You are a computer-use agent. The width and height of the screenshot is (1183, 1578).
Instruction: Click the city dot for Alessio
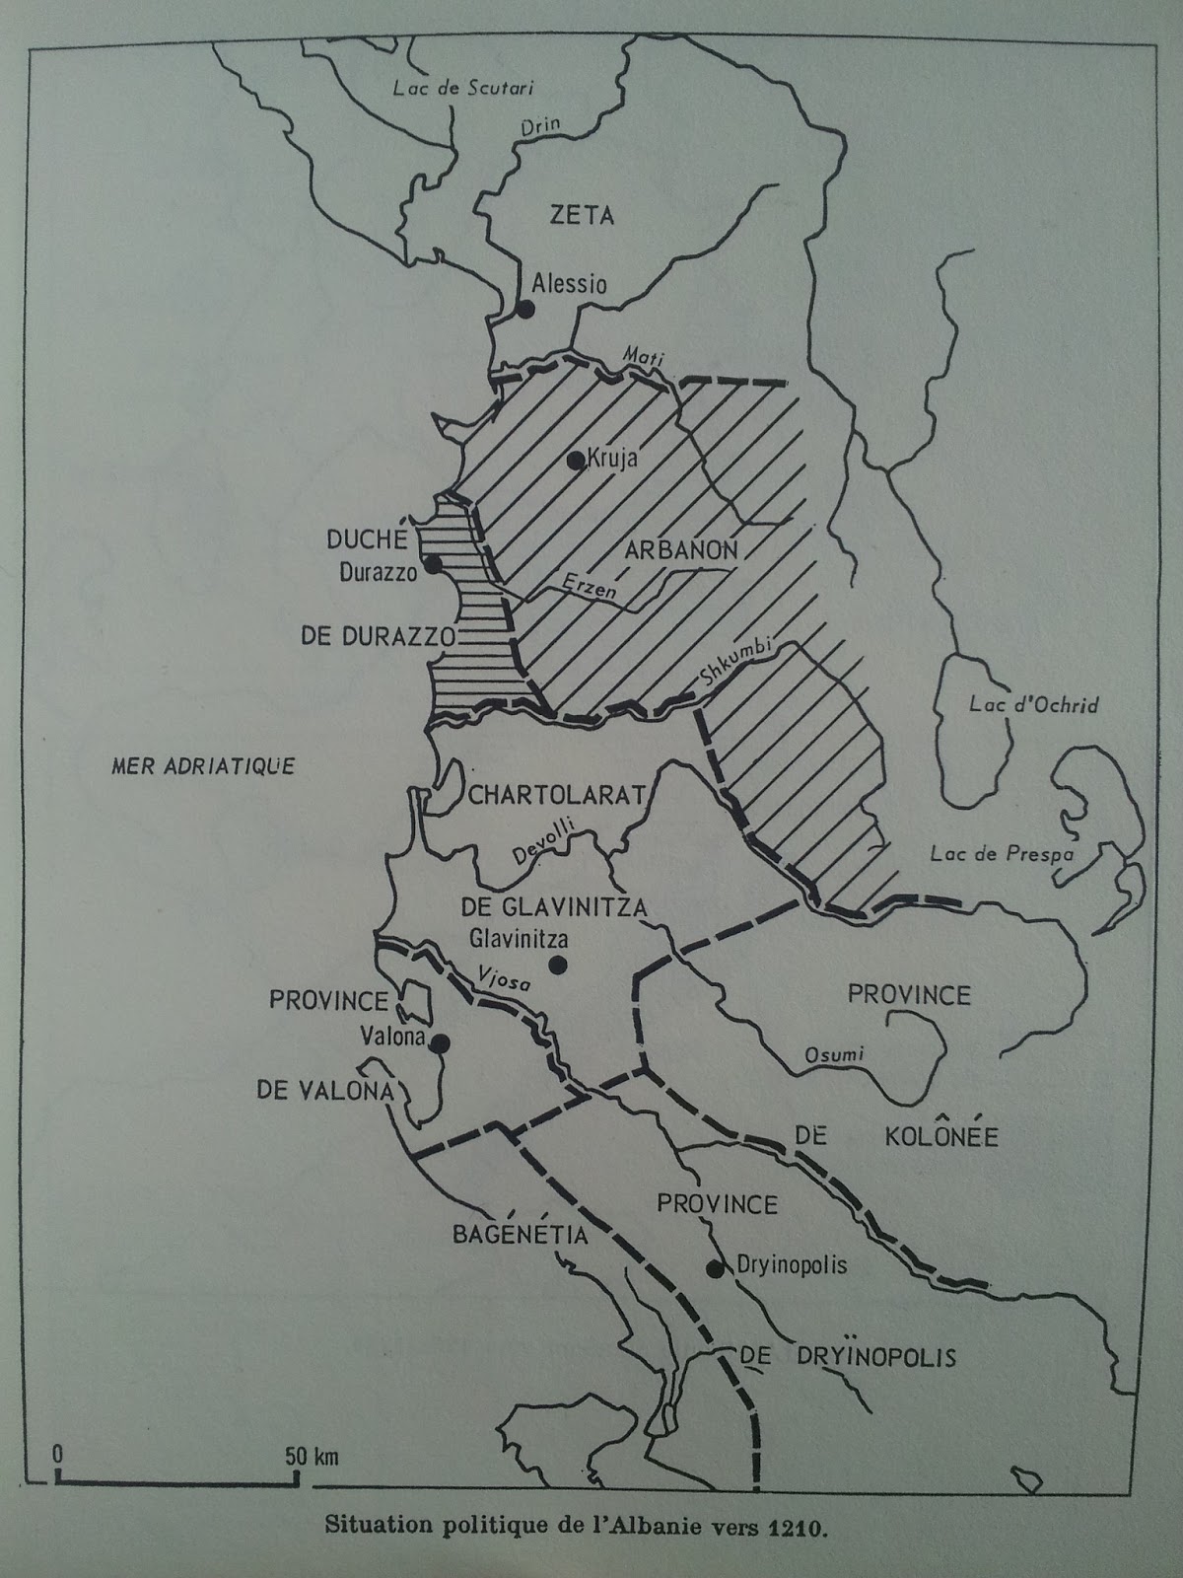click(524, 309)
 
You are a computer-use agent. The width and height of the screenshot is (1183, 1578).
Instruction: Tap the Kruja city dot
click(575, 459)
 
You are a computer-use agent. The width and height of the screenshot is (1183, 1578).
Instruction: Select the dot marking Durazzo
click(431, 565)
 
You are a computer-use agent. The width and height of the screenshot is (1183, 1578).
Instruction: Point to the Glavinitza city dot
click(558, 964)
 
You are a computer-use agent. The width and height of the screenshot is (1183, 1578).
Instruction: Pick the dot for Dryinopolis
click(715, 1268)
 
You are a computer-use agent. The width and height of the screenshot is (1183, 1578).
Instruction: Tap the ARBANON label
click(680, 550)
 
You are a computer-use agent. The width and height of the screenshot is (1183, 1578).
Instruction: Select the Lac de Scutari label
click(462, 88)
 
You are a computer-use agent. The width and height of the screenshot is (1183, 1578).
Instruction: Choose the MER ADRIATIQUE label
click(203, 765)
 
